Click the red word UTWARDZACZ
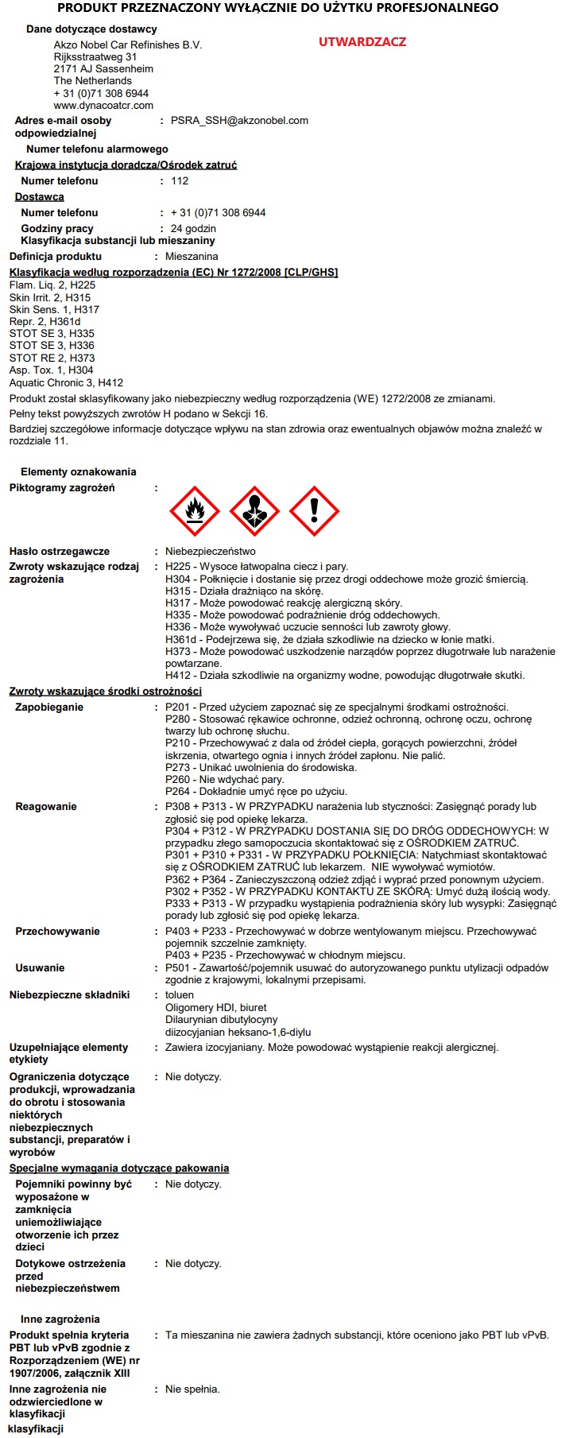coord(362,42)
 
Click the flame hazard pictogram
coord(195,511)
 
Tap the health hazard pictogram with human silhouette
coord(254,511)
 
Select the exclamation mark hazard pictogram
coord(314,511)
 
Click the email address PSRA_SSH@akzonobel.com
coord(239,121)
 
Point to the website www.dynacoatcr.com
coord(103,105)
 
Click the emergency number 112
coord(180,181)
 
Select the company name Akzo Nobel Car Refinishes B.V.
coord(128,45)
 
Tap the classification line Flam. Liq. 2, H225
coord(52,285)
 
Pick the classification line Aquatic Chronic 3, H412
coord(67,382)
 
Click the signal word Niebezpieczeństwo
coord(211,552)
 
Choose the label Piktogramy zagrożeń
coord(62,488)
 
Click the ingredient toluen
coord(180,995)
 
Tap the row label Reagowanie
coord(46,807)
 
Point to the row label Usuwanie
coord(40,968)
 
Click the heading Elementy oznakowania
coord(79,472)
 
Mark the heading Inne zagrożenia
coord(60,1320)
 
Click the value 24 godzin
coord(193,229)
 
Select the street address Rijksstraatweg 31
coord(95,57)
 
